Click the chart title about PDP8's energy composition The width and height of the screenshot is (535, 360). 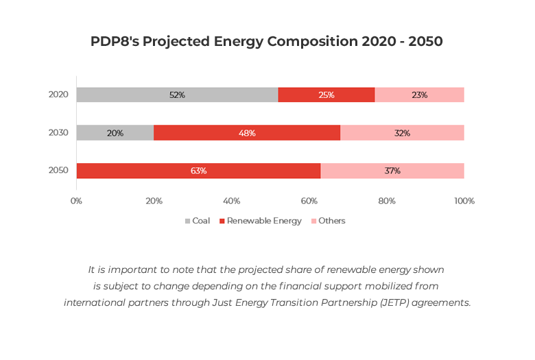267,41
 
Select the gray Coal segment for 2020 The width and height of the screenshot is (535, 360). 177,95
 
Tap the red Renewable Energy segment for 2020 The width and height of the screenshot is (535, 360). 326,95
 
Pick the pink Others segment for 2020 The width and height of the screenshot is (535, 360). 420,95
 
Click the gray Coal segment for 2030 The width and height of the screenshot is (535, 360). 115,132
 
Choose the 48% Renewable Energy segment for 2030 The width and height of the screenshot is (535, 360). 247,132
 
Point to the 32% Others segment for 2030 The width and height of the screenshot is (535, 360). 403,132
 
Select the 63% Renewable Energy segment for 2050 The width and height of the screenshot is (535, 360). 198,170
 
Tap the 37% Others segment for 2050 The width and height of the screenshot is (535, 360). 392,170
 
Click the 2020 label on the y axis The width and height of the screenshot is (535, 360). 58,95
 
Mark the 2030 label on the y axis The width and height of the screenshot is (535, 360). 58,132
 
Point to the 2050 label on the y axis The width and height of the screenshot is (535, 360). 58,170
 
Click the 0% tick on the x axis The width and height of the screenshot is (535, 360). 77,201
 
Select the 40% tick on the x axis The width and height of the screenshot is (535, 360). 232,201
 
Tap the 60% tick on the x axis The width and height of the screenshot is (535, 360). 309,201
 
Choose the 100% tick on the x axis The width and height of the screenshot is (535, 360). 464,201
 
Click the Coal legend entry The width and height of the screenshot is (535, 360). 198,221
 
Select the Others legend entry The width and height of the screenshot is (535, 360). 329,221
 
